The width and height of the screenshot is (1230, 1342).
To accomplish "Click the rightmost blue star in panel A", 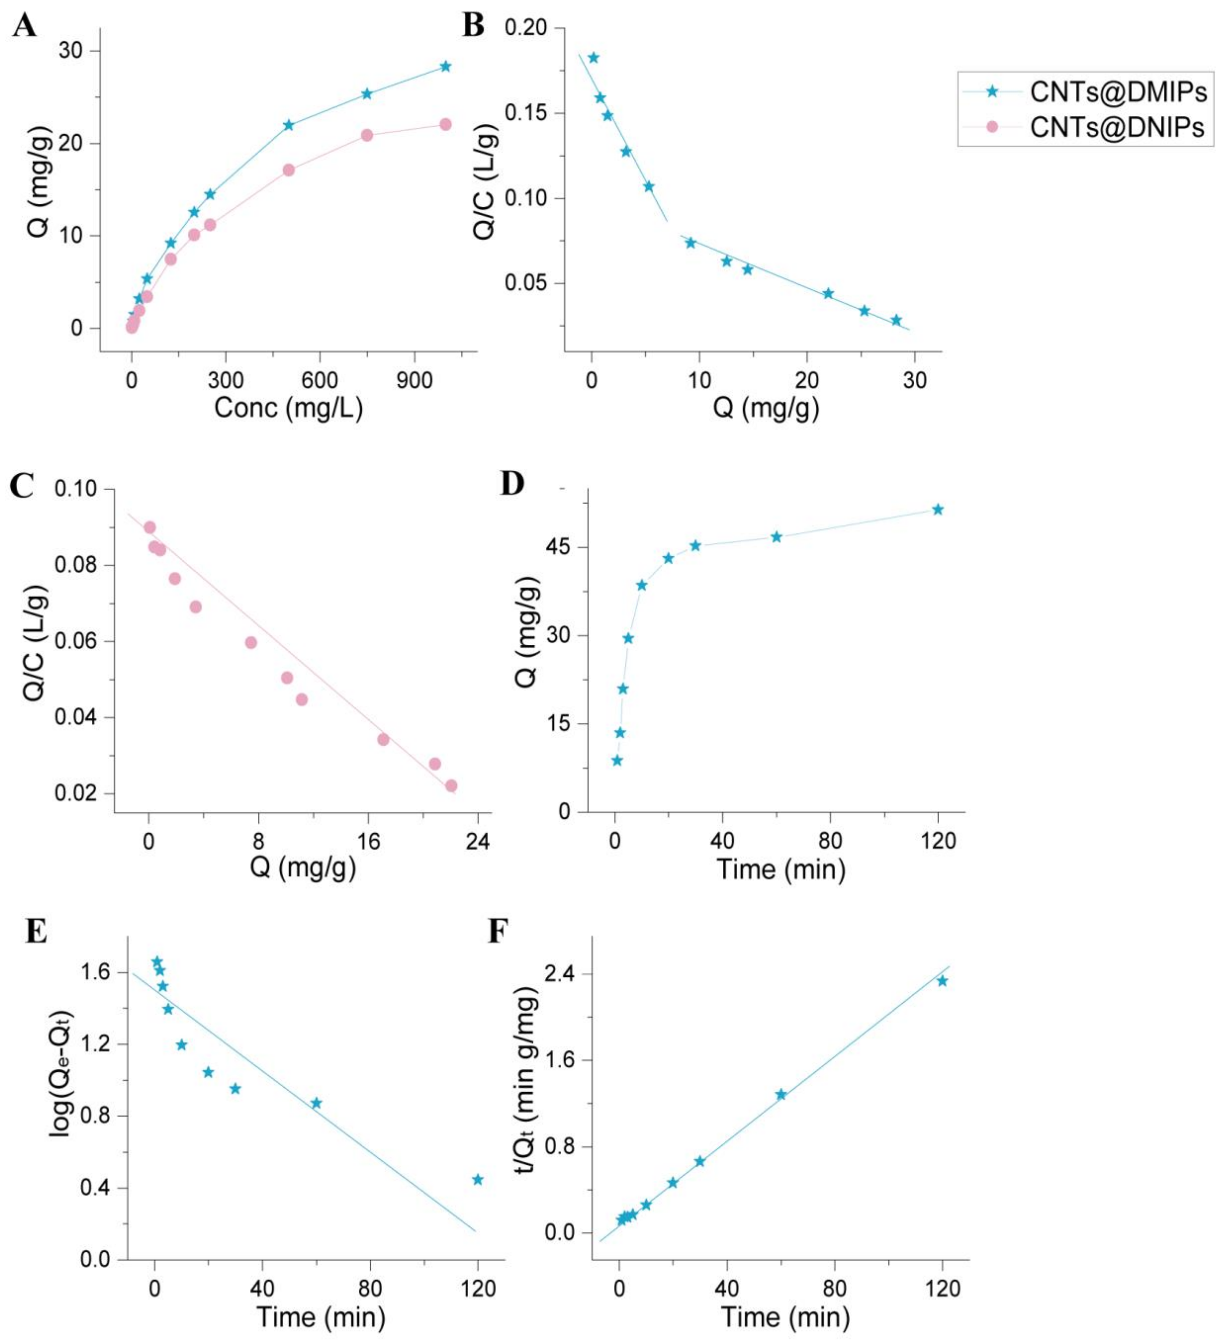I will coord(445,67).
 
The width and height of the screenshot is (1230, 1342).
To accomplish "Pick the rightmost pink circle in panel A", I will coord(445,125).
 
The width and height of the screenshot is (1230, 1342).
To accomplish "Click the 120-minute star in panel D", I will coord(938,509).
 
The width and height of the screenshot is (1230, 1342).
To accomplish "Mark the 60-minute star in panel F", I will coord(781,1094).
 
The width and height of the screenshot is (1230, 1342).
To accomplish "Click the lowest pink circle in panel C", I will coord(451,785).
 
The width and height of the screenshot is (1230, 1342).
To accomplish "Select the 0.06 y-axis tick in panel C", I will coord(75,641).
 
